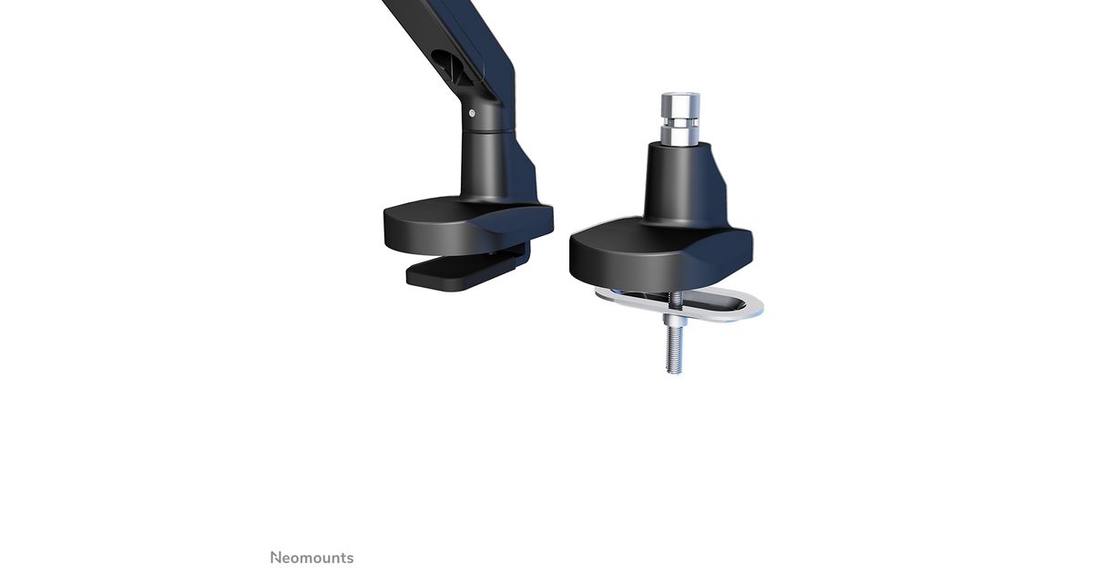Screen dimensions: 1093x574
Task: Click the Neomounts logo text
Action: pyautogui.click(x=312, y=558)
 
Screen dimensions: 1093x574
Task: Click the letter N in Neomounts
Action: pyautogui.click(x=276, y=558)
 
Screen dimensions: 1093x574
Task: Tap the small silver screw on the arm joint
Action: pyautogui.click(x=472, y=113)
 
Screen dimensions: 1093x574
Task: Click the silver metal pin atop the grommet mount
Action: pyautogui.click(x=680, y=118)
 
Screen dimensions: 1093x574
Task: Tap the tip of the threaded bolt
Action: pyautogui.click(x=674, y=373)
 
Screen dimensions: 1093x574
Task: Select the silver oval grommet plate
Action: pyautogui.click(x=679, y=306)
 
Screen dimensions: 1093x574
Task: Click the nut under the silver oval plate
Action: pyautogui.click(x=675, y=319)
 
